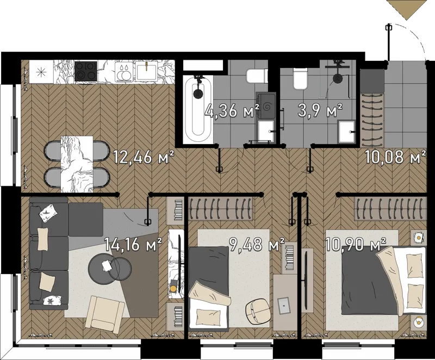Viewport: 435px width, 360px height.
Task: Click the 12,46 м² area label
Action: (144, 157)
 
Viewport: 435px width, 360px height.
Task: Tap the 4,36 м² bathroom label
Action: (232, 110)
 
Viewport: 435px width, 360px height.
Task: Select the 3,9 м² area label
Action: (320, 110)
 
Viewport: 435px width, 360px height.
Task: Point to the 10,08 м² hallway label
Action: (395, 157)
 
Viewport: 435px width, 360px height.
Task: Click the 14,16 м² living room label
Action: (133, 244)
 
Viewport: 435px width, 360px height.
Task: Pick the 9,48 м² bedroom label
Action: (257, 244)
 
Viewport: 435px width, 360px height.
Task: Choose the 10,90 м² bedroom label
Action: (356, 244)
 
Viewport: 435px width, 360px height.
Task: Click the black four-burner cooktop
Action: (86, 71)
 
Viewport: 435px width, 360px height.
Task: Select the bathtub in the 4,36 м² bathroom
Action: (197, 109)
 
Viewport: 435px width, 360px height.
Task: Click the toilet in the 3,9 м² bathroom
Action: (301, 79)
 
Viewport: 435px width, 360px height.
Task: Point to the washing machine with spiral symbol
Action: (266, 106)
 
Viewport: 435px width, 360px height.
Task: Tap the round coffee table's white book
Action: (106, 265)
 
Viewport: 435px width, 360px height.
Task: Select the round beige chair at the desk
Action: (257, 311)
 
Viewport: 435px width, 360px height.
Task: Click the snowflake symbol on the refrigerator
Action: (41, 72)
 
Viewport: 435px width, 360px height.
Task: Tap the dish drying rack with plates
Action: (125, 71)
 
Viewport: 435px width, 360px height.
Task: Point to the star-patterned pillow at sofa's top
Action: (48, 213)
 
